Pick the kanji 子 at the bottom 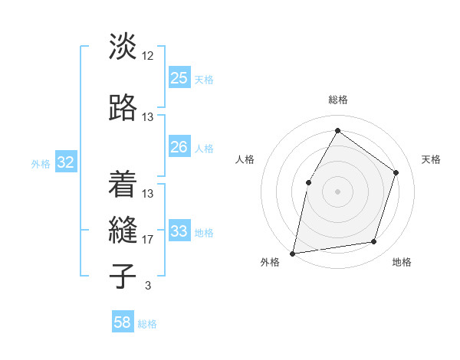(123, 276)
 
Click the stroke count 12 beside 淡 (148, 56)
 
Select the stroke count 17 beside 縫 (148, 240)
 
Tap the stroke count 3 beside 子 (147, 286)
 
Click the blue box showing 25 (179, 78)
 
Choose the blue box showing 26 (179, 147)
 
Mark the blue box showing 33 (179, 231)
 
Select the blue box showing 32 (65, 162)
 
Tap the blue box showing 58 (123, 322)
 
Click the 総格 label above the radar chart (337, 100)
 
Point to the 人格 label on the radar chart (245, 159)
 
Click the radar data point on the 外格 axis (293, 253)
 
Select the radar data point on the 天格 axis (396, 172)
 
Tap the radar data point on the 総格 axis (337, 131)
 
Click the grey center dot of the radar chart (337, 191)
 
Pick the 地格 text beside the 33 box (204, 233)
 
